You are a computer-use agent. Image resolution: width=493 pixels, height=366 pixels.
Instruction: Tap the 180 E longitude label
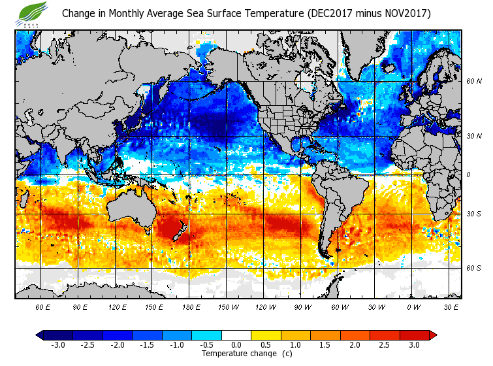[190, 307]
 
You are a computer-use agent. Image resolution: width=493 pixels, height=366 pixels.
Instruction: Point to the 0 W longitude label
[413, 307]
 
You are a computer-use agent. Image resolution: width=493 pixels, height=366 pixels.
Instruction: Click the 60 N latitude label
[473, 82]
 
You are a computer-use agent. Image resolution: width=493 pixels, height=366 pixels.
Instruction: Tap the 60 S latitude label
[473, 268]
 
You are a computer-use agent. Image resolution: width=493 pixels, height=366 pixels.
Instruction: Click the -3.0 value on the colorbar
[57, 344]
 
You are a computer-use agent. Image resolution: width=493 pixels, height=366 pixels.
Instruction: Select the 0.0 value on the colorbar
[236, 344]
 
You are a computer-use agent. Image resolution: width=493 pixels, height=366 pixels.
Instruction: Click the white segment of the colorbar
[236, 335]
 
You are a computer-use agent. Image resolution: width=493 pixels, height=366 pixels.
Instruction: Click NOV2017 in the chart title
[405, 13]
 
